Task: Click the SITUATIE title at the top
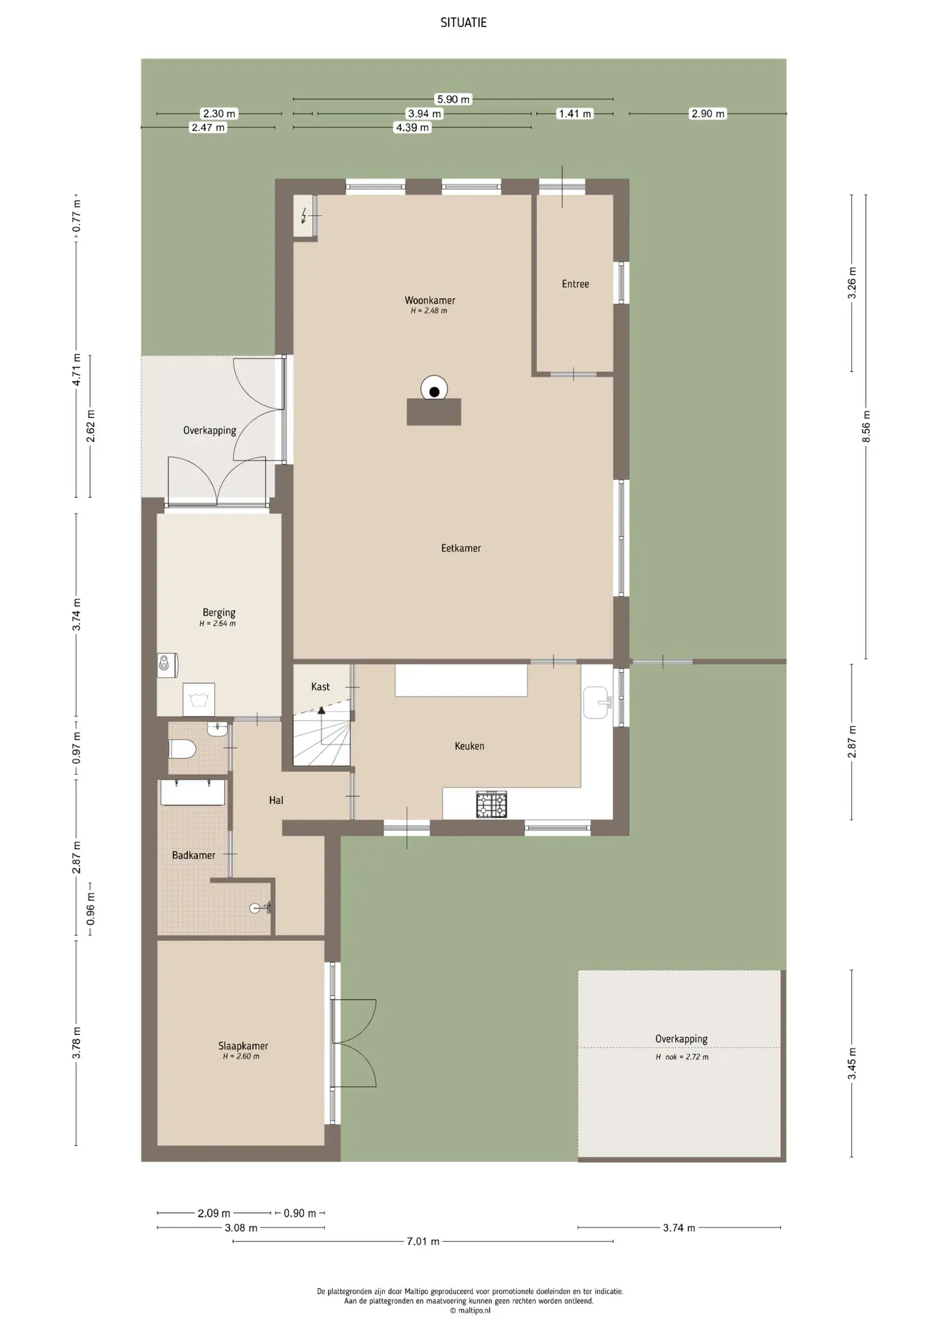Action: point(463,22)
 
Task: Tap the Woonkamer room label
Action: point(430,300)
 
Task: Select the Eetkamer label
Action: point(461,548)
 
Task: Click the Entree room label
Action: point(575,284)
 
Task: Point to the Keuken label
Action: point(470,746)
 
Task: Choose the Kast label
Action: point(320,687)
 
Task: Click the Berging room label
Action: point(219,613)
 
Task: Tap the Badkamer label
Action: point(194,855)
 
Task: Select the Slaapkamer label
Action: point(243,1046)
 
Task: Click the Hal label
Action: point(276,800)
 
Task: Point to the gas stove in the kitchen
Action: point(491,804)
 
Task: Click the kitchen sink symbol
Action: point(596,703)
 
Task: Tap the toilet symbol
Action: point(183,749)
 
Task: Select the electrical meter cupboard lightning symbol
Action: point(303,217)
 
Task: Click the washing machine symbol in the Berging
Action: point(199,699)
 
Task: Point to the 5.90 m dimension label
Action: point(453,99)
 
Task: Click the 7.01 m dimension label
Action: point(423,1241)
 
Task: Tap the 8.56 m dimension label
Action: point(866,426)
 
